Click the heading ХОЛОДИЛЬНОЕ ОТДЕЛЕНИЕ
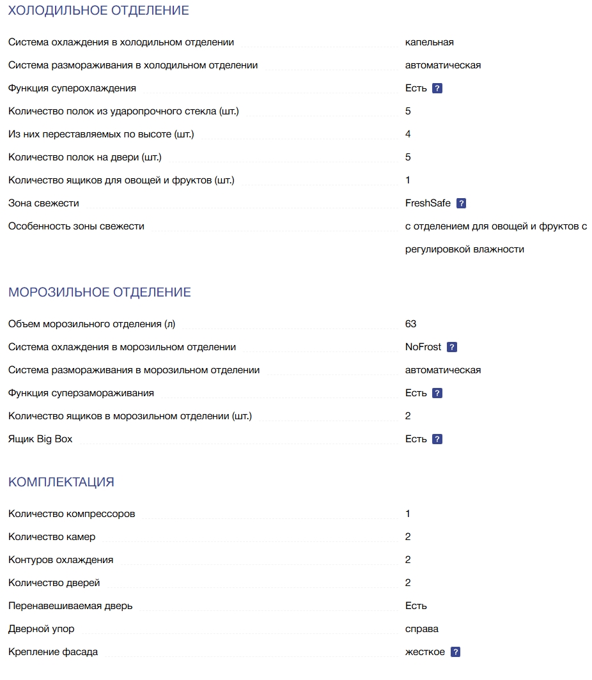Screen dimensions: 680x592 (98, 11)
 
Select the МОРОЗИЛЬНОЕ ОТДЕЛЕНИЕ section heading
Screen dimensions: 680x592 (100, 293)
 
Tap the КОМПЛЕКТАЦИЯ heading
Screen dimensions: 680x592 (61, 483)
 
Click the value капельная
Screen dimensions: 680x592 (429, 42)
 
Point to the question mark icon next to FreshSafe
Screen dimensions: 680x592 (462, 203)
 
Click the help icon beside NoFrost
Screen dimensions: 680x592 (452, 347)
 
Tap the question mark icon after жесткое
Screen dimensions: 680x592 (455, 652)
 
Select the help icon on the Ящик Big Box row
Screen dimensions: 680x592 (437, 439)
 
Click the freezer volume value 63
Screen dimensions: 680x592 (411, 324)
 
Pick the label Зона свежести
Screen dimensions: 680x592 (43, 203)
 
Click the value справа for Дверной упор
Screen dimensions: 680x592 (422, 629)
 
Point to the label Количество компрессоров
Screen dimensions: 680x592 (72, 514)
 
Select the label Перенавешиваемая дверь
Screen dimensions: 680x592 (70, 606)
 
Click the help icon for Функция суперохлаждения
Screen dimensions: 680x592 (437, 88)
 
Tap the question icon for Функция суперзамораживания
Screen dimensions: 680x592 (437, 393)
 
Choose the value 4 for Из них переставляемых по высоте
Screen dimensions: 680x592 (408, 134)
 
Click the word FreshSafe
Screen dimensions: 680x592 (428, 203)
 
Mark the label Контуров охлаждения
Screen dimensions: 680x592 (61, 560)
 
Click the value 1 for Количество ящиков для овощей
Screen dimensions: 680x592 (408, 180)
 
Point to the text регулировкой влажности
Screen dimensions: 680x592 (464, 249)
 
